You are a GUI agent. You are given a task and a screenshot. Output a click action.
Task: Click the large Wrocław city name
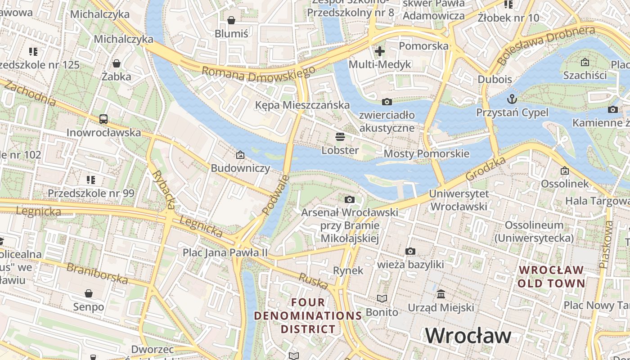tap(468, 336)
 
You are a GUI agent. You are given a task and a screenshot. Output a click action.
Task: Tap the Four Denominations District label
tap(308, 315)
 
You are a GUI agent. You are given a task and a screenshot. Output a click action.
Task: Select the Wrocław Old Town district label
tap(551, 277)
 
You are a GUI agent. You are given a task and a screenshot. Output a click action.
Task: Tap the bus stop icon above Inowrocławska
tap(103, 119)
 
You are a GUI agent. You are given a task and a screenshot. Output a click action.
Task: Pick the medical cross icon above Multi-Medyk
tap(380, 51)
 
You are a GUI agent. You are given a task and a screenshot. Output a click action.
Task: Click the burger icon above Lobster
tap(340, 137)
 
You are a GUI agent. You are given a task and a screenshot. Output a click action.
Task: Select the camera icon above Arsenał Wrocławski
tap(349, 199)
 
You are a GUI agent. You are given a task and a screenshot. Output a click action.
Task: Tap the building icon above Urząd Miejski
tap(441, 294)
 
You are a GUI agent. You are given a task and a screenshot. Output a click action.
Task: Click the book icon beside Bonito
tap(382, 298)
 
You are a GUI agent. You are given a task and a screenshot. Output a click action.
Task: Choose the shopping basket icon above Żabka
tap(117, 63)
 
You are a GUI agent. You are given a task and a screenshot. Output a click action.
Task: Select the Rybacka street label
tap(163, 189)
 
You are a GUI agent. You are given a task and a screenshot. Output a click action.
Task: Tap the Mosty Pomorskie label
tap(426, 154)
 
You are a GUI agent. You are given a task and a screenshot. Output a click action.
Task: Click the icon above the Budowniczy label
tap(240, 155)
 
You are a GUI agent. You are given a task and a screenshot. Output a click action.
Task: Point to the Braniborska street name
tap(97, 274)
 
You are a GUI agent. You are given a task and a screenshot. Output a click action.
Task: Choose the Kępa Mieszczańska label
tap(302, 105)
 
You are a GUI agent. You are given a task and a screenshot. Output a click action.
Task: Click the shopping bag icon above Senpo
tap(89, 293)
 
